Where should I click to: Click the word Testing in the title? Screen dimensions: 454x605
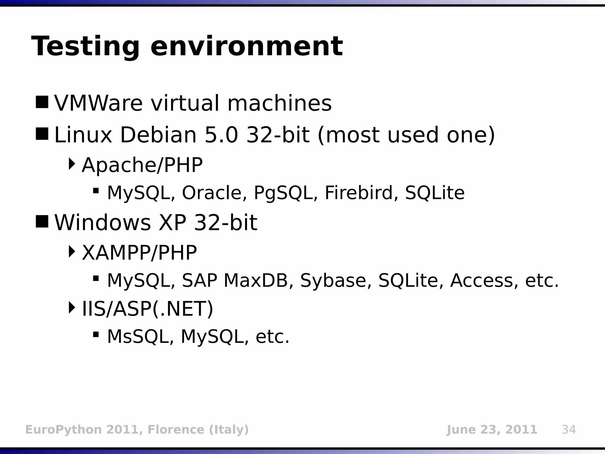click(x=85, y=47)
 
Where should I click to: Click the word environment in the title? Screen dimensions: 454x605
click(x=247, y=47)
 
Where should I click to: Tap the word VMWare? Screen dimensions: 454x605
click(x=98, y=103)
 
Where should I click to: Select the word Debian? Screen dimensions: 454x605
click(x=158, y=135)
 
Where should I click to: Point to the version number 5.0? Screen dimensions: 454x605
click(x=221, y=135)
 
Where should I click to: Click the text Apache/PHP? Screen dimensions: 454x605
click(x=142, y=165)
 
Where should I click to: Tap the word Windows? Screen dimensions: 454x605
click(x=103, y=223)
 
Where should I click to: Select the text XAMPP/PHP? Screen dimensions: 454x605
click(x=139, y=253)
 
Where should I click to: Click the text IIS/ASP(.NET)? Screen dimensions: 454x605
click(x=147, y=309)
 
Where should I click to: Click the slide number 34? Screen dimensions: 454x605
click(x=568, y=429)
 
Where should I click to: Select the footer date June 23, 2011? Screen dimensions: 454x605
click(x=492, y=429)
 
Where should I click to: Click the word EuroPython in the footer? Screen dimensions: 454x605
click(x=64, y=430)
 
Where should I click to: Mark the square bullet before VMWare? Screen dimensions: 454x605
click(x=42, y=102)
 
